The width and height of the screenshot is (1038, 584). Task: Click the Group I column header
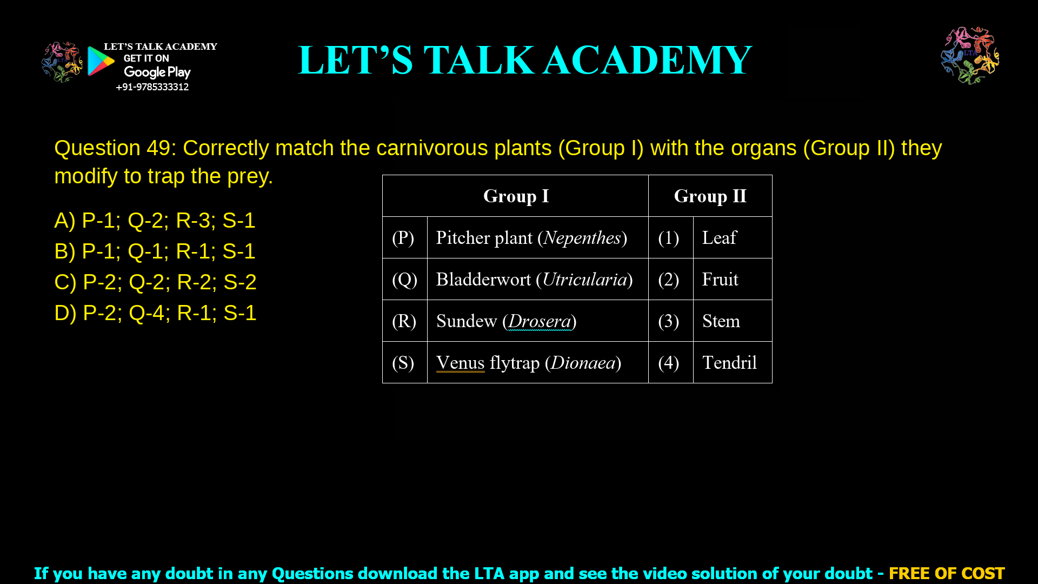[x=516, y=196]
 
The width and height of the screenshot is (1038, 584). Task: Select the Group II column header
[x=710, y=196]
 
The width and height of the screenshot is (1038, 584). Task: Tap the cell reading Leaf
[x=719, y=238]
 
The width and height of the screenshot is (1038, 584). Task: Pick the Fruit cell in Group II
[x=720, y=280]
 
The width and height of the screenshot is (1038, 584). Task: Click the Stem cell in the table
[x=721, y=321]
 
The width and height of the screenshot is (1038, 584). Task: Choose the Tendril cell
[x=729, y=363]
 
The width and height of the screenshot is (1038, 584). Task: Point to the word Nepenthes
[x=582, y=238]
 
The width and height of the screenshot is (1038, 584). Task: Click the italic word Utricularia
[x=584, y=280]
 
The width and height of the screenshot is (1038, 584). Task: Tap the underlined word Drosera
[x=540, y=321]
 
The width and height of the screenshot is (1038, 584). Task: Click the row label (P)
[x=403, y=238]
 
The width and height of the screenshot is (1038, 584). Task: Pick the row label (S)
[x=403, y=363]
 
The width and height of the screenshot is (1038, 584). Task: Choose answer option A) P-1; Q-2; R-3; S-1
[x=155, y=221]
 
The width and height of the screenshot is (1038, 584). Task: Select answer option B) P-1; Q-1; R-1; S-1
[x=155, y=251]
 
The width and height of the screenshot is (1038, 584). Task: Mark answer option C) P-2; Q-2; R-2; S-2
[x=155, y=282]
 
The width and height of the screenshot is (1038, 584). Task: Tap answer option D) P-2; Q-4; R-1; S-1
[x=155, y=313]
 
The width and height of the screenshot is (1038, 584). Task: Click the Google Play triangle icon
[x=100, y=61]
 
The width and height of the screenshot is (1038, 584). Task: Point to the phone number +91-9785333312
[x=152, y=87]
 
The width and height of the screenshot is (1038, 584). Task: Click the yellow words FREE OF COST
[x=947, y=573]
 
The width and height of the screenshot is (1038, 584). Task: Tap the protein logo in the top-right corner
[x=970, y=55]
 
